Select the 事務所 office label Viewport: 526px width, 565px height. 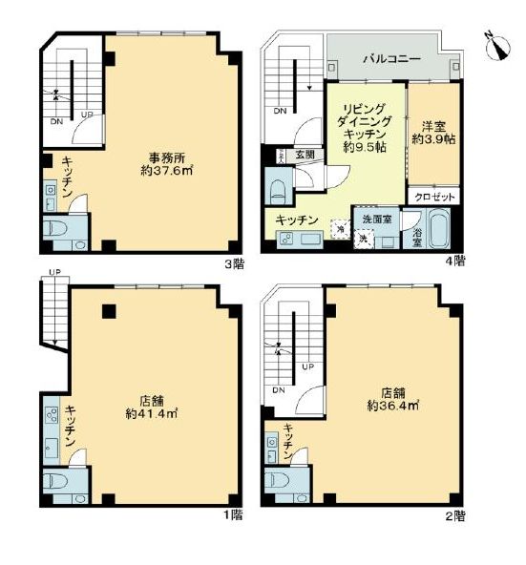coord(165,157)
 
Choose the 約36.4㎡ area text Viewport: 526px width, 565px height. coord(393,405)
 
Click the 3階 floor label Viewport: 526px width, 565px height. coord(233,263)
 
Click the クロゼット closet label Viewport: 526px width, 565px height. coord(434,196)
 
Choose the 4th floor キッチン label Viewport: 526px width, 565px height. coord(296,220)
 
